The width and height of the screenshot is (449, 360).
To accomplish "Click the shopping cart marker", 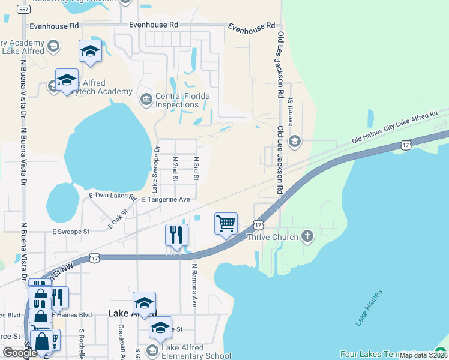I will click(226, 224).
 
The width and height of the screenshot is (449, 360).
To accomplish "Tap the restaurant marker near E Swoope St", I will click(176, 235).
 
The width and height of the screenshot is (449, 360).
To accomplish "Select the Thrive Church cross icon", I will click(307, 236).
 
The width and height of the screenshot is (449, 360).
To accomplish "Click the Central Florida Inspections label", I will click(182, 100).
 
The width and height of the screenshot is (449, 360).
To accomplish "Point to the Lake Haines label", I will click(367, 308).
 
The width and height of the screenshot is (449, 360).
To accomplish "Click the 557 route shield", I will click(23, 10).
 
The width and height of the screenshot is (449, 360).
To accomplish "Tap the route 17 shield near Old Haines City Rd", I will click(406, 145).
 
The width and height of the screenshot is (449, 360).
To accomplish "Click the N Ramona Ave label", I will click(194, 285).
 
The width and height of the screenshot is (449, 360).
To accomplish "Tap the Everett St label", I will click(290, 112).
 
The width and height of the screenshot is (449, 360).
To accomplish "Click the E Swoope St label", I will click(70, 231).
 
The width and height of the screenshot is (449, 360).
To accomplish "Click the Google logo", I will click(20, 353).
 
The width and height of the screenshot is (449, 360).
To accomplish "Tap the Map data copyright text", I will click(423, 355).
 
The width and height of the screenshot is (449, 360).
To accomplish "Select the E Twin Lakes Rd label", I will click(112, 196).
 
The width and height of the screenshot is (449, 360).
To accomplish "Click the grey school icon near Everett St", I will click(294, 142).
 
